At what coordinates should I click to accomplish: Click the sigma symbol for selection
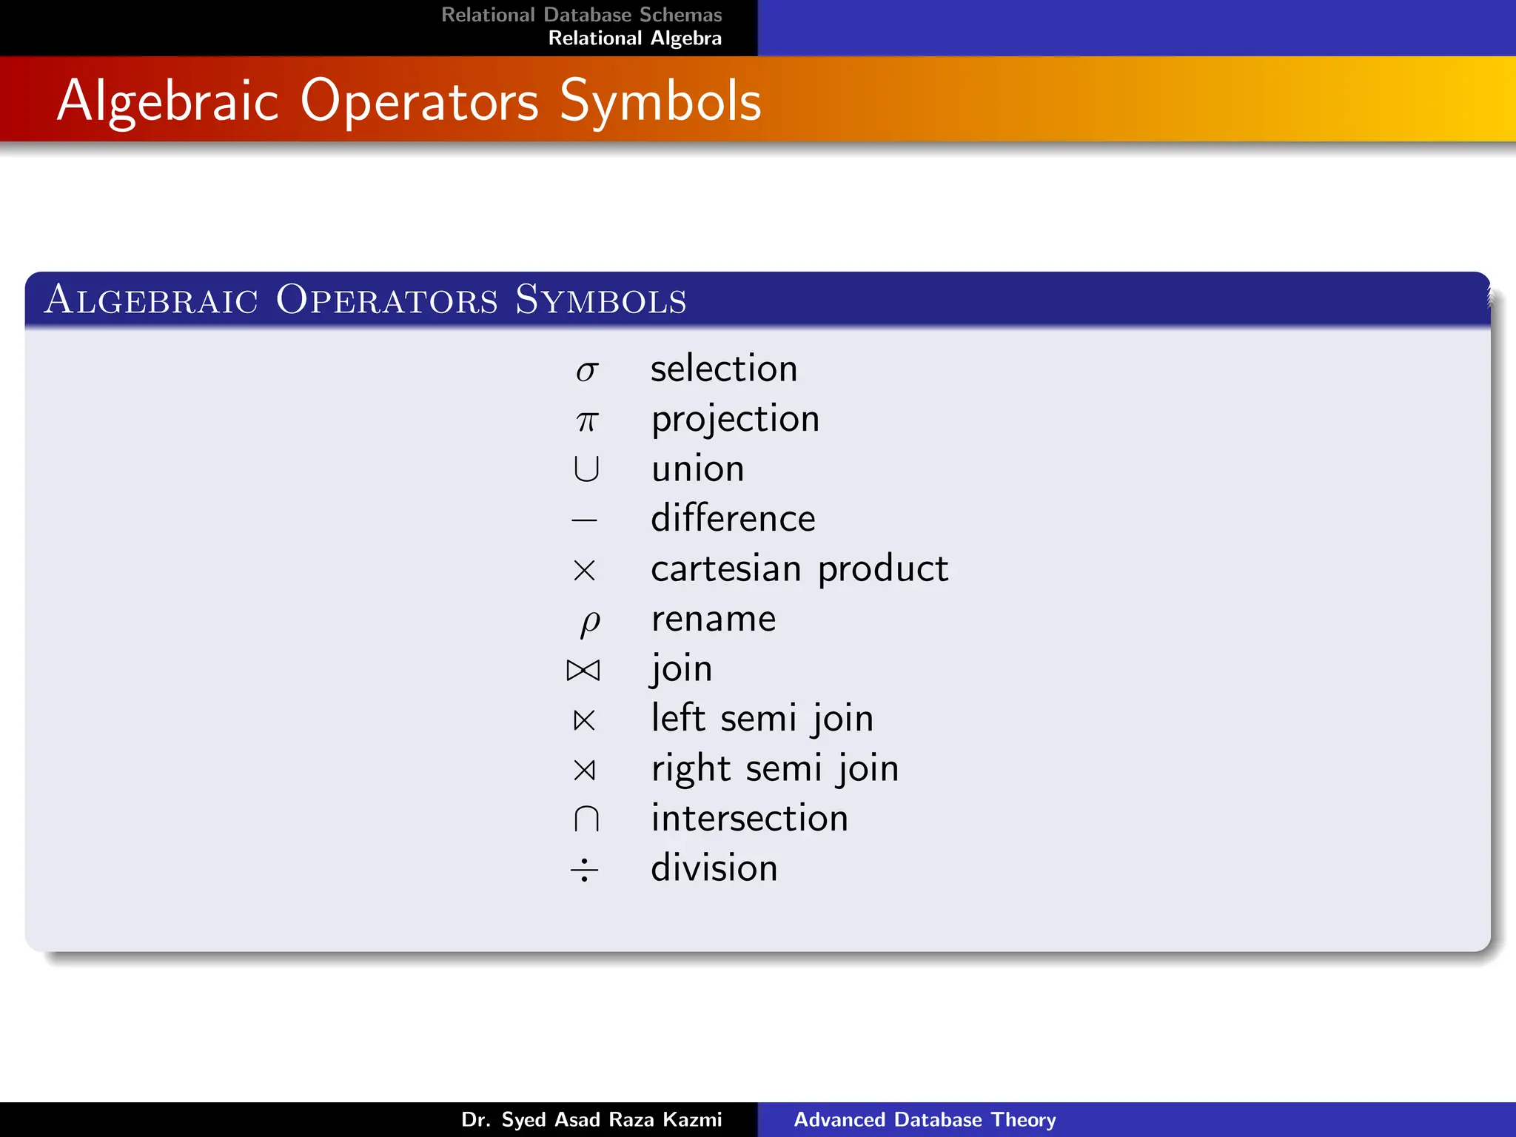tap(586, 371)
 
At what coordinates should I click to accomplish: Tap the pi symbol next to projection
tap(587, 421)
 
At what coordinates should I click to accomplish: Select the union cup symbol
tap(586, 469)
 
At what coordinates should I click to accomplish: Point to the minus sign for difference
tap(584, 520)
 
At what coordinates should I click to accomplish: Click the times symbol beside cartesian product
tap(584, 570)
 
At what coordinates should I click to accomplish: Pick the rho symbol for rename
tap(590, 623)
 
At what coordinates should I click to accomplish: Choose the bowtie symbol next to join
tap(583, 670)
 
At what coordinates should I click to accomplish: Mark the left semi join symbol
tap(584, 720)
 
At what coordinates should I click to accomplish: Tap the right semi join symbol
tap(584, 770)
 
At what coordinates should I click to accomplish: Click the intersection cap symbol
tap(586, 819)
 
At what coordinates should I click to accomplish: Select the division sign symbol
tap(584, 869)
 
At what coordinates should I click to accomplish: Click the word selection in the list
tap(724, 369)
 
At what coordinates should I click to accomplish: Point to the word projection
tap(735, 420)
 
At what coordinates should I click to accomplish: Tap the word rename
tap(714, 619)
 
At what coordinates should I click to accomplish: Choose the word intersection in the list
tap(749, 818)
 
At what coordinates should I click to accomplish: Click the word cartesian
tap(725, 568)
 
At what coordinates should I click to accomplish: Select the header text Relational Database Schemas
tap(581, 15)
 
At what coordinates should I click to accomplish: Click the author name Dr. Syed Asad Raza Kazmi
tap(591, 1119)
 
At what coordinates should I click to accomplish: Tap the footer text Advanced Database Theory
tap(925, 1119)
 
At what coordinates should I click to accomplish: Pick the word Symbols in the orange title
tap(660, 101)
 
